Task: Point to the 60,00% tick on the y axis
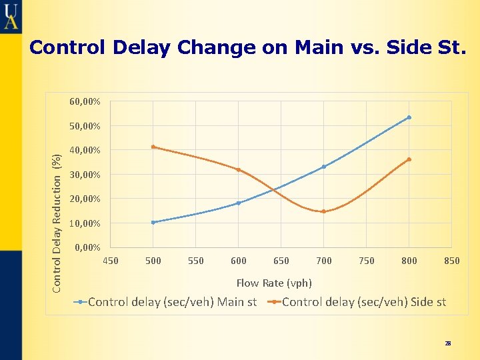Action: (x=85, y=102)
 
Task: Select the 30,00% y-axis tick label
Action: (x=85, y=175)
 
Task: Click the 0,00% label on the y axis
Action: (x=87, y=248)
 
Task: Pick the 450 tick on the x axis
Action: (x=111, y=261)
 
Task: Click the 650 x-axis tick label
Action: (x=281, y=261)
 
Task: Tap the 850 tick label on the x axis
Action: (x=452, y=261)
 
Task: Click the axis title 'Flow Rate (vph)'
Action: (x=274, y=283)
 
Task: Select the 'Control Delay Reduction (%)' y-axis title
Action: (x=58, y=222)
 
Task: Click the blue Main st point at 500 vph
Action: (x=153, y=222)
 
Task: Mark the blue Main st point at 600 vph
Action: (x=239, y=203)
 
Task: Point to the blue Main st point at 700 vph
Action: (x=324, y=167)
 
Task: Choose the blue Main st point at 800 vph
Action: (x=409, y=117)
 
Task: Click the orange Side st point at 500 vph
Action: (x=153, y=147)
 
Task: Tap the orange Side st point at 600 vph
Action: (x=239, y=170)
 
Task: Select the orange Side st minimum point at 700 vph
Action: (x=324, y=211)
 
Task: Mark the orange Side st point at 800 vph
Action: (x=409, y=159)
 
